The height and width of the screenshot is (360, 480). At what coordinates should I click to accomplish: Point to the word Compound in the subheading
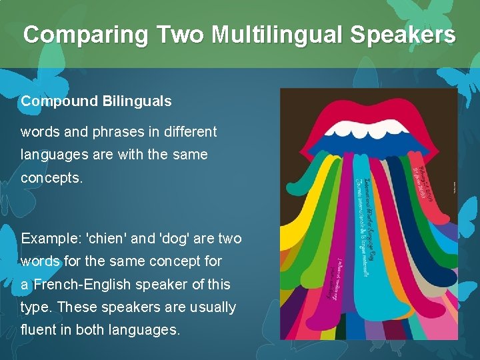click(59, 101)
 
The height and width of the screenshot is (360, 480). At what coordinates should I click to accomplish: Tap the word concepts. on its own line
click(51, 179)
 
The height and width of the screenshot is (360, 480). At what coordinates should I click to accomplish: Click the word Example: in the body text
click(49, 238)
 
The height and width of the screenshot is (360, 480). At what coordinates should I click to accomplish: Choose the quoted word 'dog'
click(173, 238)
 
